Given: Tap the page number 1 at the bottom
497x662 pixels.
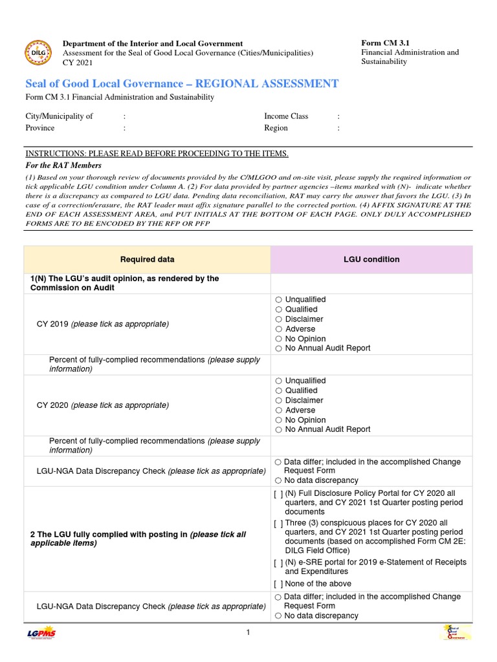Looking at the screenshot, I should point(248,633).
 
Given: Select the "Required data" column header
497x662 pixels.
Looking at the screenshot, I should point(147,260).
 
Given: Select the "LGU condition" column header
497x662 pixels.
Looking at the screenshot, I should point(371,260).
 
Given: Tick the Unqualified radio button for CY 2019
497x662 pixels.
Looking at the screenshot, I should point(278,300).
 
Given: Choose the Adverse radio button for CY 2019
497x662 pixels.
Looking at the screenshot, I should point(278,329).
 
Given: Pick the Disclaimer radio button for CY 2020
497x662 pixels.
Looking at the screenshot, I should point(278,401).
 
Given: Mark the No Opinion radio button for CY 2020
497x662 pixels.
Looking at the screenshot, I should point(278,420).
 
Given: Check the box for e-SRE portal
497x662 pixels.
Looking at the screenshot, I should point(278,562).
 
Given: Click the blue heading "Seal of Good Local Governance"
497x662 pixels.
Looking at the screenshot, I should point(181,84).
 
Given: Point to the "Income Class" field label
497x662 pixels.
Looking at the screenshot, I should point(286,116).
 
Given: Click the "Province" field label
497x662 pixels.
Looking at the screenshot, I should point(39,128).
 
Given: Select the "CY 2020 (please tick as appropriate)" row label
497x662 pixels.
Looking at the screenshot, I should point(102,405).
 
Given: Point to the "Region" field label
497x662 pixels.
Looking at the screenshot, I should point(276,128).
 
